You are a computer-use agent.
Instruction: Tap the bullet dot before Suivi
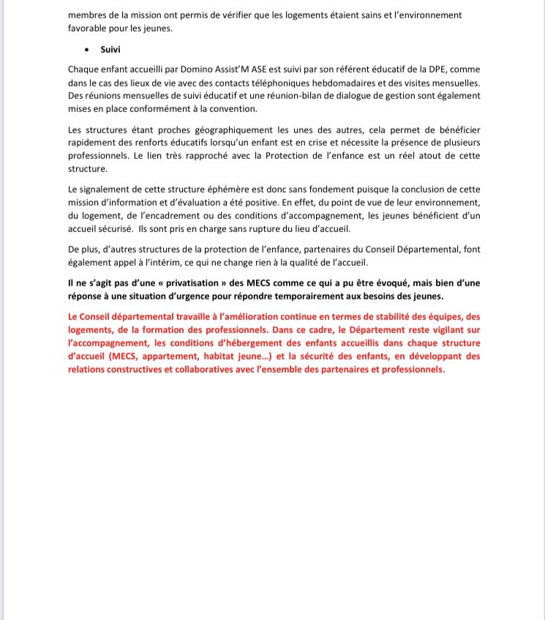[88, 51]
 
